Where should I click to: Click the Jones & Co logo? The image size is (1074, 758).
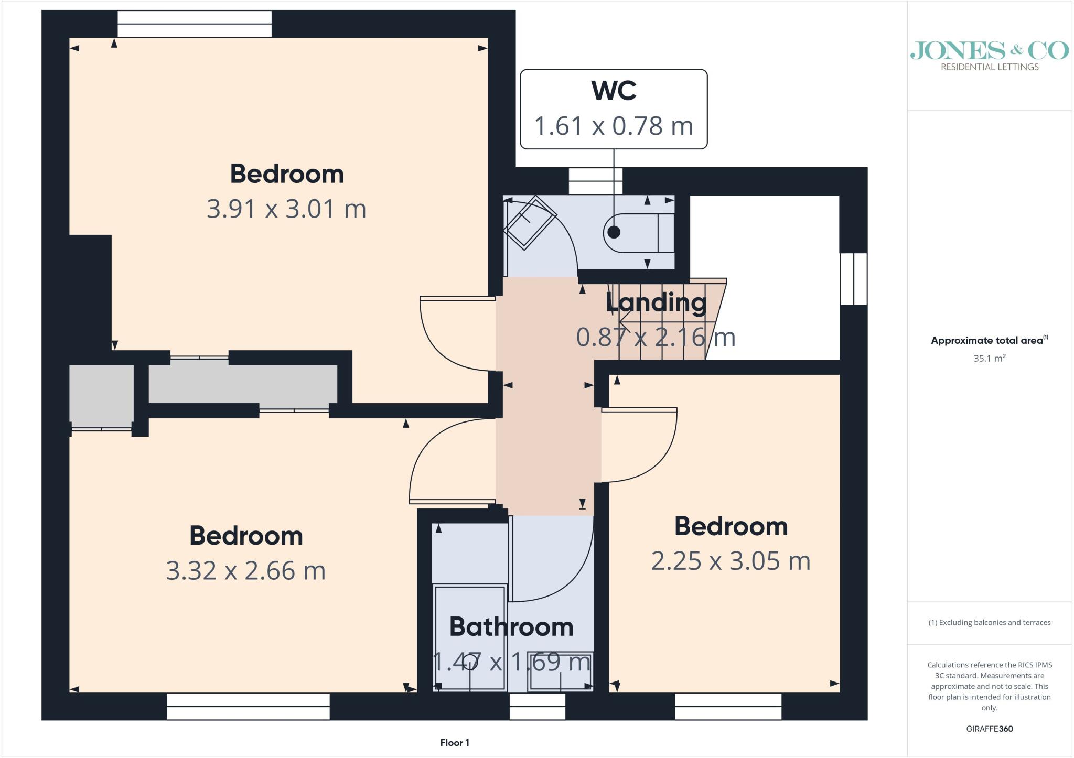click(x=990, y=56)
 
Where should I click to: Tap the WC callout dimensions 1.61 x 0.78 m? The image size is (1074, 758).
click(x=614, y=126)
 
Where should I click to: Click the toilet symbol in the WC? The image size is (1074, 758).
click(x=639, y=233)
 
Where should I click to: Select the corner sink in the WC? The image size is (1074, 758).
click(x=530, y=222)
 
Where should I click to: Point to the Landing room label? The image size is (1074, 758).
click(x=656, y=303)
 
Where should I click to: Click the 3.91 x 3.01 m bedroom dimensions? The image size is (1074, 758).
click(x=286, y=209)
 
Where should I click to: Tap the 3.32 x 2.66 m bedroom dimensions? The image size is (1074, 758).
click(x=246, y=570)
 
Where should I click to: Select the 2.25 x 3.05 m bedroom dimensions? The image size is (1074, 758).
click(x=731, y=561)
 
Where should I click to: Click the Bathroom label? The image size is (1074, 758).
click(x=511, y=627)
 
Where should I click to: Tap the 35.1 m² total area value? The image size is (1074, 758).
click(x=990, y=359)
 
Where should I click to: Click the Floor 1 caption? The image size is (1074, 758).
click(x=455, y=743)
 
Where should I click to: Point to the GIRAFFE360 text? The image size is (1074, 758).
click(x=990, y=729)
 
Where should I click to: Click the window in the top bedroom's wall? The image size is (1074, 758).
click(x=195, y=24)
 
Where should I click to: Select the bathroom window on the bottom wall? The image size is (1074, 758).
click(x=538, y=706)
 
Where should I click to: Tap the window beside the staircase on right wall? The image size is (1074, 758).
click(x=854, y=279)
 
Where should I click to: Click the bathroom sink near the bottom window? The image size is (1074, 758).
click(x=561, y=671)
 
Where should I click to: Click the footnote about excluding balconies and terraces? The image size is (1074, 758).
click(x=990, y=623)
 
